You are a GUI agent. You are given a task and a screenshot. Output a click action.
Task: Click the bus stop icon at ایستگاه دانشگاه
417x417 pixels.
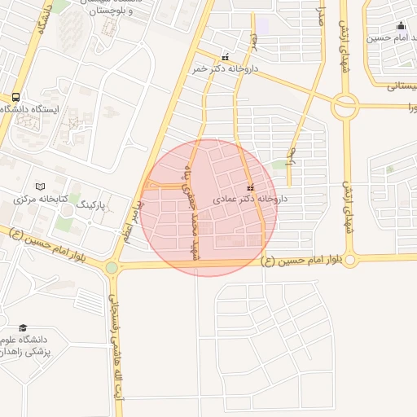16,95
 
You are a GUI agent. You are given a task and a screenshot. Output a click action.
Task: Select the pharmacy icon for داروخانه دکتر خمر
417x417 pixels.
226,57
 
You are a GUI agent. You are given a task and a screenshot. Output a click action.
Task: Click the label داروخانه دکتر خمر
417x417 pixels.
224,69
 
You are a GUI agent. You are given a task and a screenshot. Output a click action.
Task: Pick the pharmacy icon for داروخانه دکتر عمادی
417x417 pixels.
249,187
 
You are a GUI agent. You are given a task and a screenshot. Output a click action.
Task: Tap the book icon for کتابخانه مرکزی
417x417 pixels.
39,187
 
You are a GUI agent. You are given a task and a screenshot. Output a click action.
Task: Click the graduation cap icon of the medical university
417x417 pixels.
22,327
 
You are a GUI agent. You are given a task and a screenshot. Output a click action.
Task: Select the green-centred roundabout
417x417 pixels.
112,267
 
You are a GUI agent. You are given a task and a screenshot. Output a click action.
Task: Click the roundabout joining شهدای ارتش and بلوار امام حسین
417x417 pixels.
349,260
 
